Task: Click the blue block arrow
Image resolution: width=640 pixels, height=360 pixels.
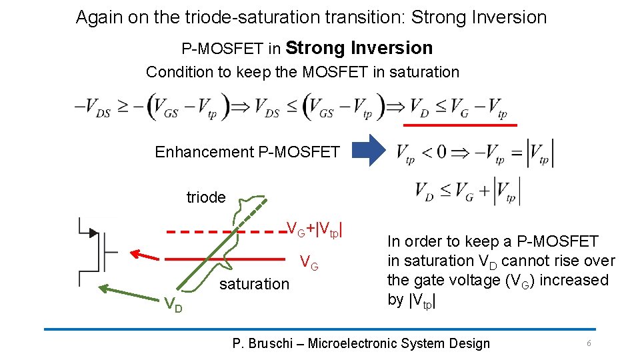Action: [369, 151]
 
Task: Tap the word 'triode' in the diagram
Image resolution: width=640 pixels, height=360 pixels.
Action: [206, 197]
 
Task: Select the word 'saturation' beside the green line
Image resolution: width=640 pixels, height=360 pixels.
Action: [254, 284]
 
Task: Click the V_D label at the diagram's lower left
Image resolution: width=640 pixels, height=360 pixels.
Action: [174, 305]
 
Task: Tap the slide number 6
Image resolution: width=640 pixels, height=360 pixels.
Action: [589, 343]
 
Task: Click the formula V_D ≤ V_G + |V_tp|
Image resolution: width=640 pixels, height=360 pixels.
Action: [467, 191]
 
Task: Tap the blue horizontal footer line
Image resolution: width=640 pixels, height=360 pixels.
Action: [320, 329]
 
